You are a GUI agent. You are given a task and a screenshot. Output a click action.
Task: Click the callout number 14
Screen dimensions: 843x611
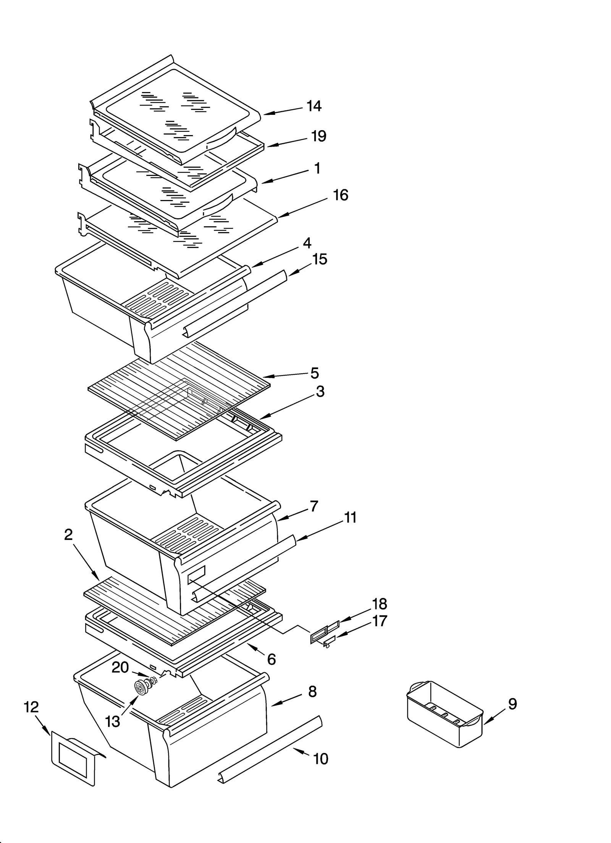[314, 106]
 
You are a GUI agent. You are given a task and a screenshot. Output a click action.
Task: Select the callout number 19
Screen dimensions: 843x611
[318, 136]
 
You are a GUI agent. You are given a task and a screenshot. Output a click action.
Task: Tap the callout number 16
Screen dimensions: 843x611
[341, 195]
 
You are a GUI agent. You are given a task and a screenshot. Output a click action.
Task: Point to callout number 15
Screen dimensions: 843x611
[320, 260]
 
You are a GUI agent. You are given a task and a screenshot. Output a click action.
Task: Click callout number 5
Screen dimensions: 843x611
[314, 373]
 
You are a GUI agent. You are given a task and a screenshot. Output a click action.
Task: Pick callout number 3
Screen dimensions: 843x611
[320, 392]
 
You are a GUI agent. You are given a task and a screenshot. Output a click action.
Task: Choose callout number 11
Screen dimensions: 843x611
[350, 518]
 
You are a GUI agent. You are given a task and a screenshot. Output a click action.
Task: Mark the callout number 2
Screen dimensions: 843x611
[68, 535]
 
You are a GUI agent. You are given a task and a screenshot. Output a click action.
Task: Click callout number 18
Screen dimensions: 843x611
[379, 604]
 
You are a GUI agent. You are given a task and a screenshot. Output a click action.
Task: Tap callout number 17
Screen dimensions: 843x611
[379, 621]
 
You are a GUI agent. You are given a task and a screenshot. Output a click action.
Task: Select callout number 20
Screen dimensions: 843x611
[120, 667]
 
